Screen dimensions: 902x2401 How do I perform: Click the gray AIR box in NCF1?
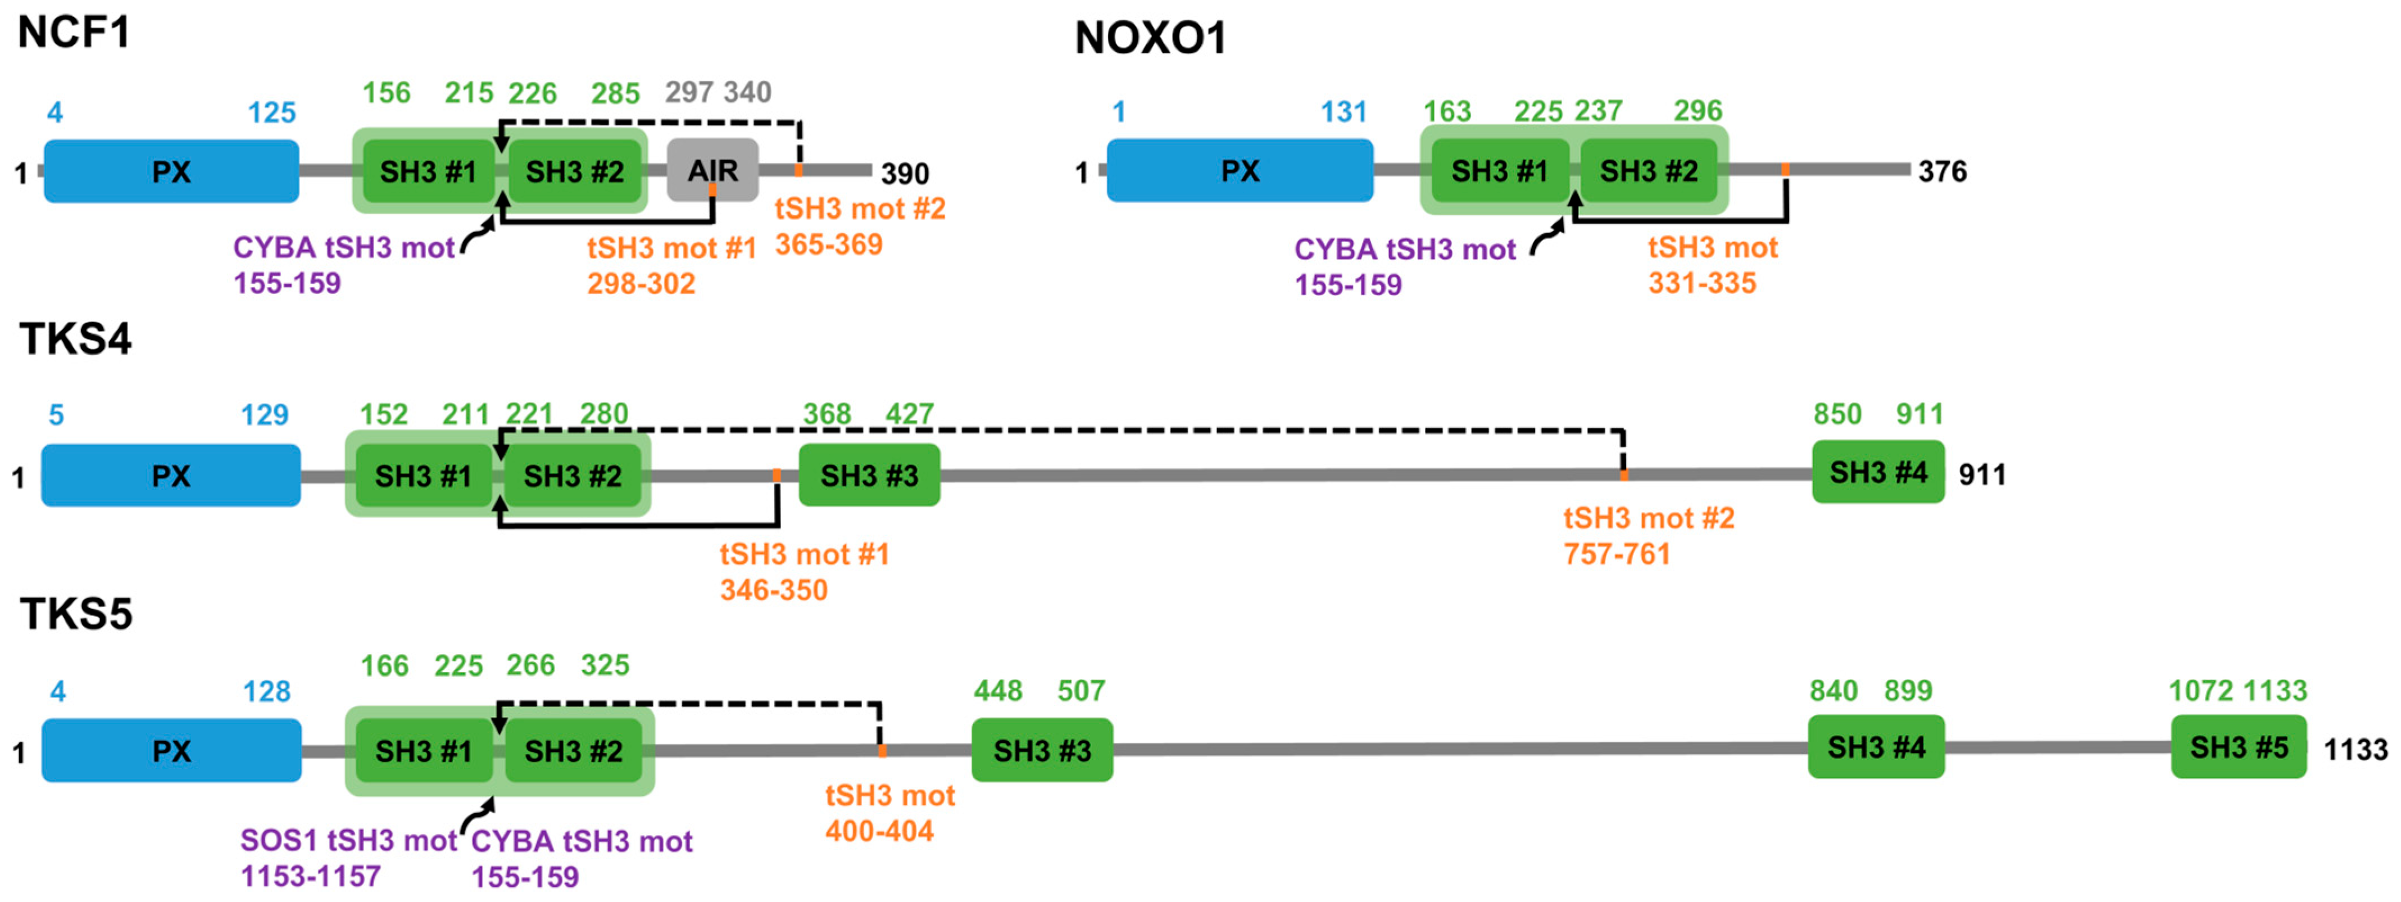712,170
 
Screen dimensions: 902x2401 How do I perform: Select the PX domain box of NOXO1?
1240,170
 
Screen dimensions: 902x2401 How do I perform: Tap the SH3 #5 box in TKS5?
2239,747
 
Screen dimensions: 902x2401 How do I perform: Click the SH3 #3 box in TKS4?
869,475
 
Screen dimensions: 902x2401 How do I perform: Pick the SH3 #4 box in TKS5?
1876,747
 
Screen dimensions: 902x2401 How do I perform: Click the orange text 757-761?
1617,555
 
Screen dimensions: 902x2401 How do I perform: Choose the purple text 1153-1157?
310,877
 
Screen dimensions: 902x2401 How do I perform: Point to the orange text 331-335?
1702,283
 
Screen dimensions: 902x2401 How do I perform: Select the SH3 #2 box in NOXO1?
1649,170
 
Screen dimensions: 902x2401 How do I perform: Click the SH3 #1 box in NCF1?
428,171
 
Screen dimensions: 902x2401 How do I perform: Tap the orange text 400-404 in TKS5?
879,831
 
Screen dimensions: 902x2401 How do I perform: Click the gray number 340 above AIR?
747,92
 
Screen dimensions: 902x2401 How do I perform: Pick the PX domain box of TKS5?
171,751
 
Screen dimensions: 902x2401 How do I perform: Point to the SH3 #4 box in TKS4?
1878,473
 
